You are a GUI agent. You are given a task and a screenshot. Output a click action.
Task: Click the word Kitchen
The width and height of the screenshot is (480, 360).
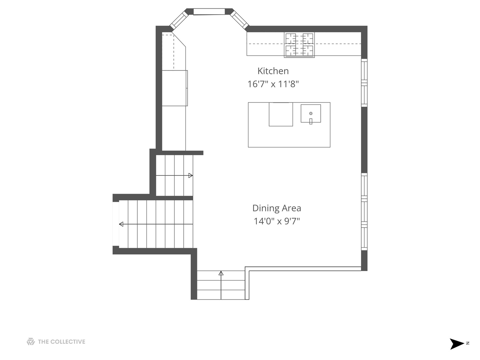pos(273,71)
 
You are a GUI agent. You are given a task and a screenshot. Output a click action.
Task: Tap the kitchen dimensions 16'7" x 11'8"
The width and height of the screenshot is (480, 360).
pos(273,84)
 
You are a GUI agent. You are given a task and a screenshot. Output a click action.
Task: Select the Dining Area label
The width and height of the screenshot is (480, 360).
pos(277,208)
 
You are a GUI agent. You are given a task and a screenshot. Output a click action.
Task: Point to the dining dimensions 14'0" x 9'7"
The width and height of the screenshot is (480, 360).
pos(277,221)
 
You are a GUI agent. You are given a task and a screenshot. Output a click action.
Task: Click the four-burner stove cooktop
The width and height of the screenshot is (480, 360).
pos(299,45)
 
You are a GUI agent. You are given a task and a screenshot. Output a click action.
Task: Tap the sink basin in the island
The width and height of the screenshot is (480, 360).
pos(311,113)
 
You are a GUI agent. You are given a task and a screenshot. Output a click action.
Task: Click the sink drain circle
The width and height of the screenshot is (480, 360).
pos(311,113)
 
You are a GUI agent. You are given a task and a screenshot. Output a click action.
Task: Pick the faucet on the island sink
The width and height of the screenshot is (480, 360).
pos(311,121)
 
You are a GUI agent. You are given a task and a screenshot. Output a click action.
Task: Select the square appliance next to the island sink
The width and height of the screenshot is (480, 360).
pos(281,114)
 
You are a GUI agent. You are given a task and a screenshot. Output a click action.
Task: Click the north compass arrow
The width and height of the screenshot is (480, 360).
pos(456,344)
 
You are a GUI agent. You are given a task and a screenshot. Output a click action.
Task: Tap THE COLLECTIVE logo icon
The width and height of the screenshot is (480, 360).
pos(31,342)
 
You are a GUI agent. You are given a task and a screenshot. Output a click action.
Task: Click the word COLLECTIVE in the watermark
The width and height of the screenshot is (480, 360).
pos(68,342)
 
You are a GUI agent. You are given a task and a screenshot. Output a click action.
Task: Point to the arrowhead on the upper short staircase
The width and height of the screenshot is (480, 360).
pos(190,175)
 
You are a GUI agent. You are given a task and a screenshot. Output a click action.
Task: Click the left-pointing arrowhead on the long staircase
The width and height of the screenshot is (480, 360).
pos(121,224)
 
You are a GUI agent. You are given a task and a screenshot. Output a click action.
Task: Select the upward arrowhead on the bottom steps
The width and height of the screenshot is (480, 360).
pos(221,273)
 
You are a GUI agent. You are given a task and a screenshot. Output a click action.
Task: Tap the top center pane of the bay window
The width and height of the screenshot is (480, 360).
pos(209,12)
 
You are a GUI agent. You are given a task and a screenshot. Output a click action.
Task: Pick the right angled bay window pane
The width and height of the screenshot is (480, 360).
pos(240,20)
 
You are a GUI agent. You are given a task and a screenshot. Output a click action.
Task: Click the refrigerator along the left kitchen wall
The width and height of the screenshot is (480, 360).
pos(175,88)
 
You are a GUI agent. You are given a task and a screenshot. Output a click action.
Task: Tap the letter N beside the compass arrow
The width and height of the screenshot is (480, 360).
pos(468,343)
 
